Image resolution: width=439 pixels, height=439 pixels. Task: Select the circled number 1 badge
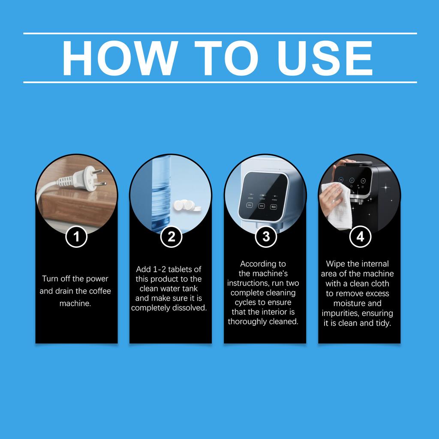point(76,237)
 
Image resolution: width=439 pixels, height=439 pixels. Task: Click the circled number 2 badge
point(171,237)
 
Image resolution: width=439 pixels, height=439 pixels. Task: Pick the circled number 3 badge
point(266,237)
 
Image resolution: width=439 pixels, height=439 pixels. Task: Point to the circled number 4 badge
point(360,237)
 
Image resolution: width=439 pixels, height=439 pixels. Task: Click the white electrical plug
point(90,179)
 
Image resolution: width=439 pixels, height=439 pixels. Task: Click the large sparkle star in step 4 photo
point(386,188)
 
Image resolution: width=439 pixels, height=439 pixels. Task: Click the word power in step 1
point(99,279)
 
